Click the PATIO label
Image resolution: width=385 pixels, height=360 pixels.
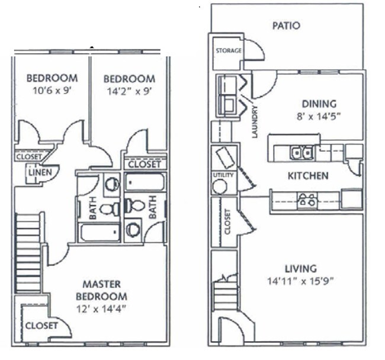286,25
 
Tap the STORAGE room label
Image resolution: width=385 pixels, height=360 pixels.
228,51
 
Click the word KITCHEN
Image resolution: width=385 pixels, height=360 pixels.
307,176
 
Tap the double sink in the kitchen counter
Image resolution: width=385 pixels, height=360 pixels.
302,153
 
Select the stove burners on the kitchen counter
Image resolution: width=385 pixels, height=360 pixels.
307,200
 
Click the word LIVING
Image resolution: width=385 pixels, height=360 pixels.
300,268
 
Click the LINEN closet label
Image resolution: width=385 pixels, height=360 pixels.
41,172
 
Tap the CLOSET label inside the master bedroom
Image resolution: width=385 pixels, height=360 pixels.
41,326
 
